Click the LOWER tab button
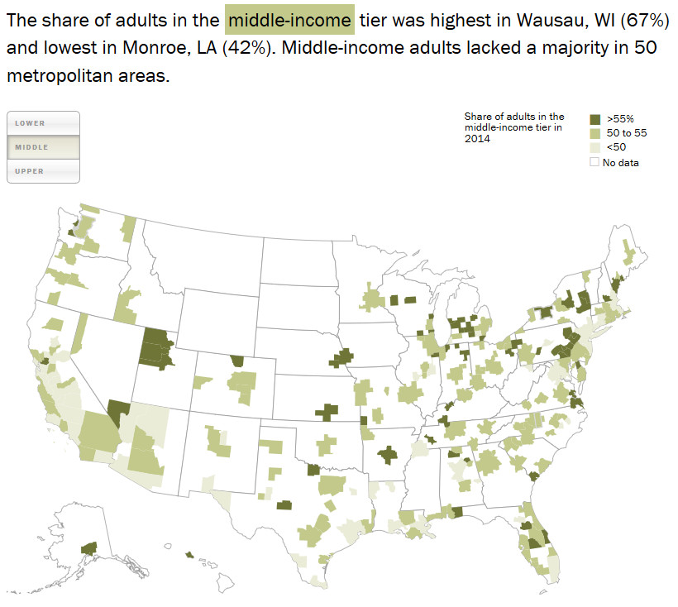(43, 123)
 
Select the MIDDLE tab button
(43, 147)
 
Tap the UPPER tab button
(43, 171)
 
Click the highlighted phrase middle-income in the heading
(289, 19)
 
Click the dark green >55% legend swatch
(594, 119)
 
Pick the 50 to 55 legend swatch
(594, 133)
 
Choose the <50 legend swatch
(594, 147)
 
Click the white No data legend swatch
(594, 162)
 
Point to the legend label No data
(621, 162)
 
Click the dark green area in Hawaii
(190, 555)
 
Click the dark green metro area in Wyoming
(238, 361)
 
